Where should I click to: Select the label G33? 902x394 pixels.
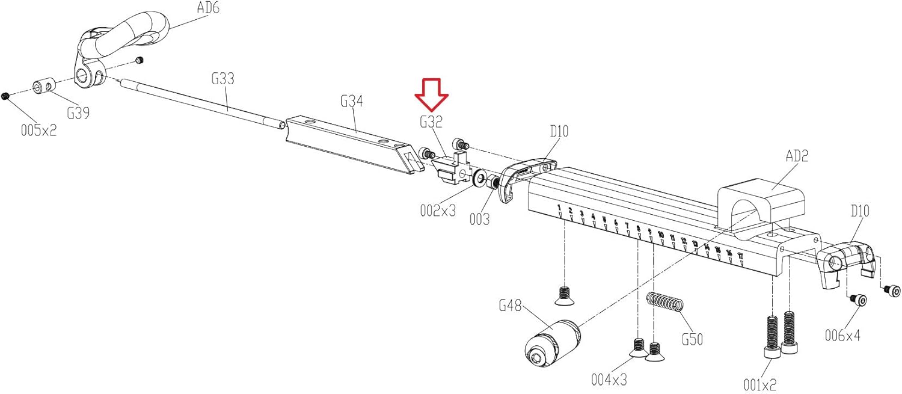click(222, 79)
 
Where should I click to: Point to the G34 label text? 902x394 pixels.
click(352, 101)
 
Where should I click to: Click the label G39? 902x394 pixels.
click(78, 112)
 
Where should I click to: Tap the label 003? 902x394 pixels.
click(479, 220)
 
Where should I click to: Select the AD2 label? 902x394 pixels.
click(797, 156)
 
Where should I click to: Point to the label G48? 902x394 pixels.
click(511, 306)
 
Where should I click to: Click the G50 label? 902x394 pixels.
click(692, 339)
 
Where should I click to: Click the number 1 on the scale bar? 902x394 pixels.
click(559, 209)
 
